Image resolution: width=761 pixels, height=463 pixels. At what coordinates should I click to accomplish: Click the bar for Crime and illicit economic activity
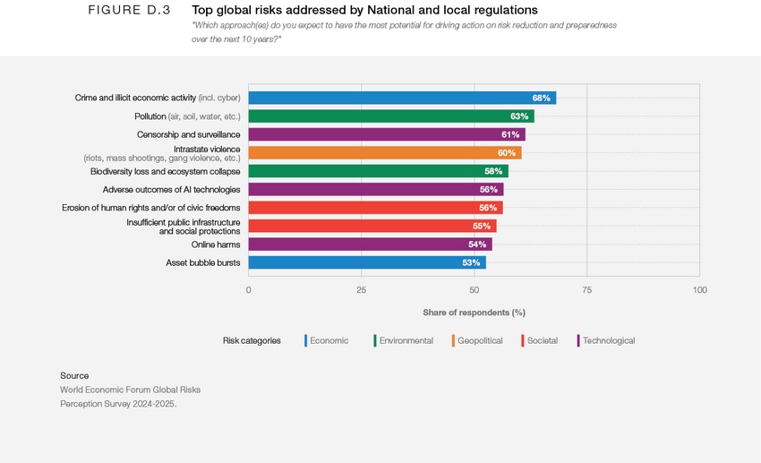tap(402, 98)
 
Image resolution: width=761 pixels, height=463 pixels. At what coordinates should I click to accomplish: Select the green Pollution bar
tap(391, 116)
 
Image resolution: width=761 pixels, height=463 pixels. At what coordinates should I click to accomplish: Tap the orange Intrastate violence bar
tap(384, 153)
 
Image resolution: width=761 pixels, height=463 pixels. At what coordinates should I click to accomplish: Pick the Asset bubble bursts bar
tap(367, 262)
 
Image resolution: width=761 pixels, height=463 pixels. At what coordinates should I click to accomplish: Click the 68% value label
tap(541, 98)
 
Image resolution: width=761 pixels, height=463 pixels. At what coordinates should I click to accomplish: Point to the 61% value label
tap(510, 134)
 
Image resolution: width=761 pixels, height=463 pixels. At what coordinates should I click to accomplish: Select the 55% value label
tap(482, 227)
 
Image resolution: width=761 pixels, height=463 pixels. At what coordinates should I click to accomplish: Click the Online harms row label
tap(215, 244)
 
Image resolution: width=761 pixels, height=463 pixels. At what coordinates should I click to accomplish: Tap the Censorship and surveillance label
tap(188, 134)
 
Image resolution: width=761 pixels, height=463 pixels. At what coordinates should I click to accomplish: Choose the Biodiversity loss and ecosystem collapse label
tap(165, 171)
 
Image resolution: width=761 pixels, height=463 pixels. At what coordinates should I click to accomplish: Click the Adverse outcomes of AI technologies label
tap(171, 190)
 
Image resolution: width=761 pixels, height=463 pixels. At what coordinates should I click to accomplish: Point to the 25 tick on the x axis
tap(361, 290)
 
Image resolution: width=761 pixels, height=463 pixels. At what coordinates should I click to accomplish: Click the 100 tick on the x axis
tap(699, 290)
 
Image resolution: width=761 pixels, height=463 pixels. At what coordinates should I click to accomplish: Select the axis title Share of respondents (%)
tap(474, 313)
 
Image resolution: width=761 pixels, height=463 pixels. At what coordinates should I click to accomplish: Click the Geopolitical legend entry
tap(479, 340)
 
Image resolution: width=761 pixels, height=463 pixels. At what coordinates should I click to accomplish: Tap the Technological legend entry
tap(608, 340)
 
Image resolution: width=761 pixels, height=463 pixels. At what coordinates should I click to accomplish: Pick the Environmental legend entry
tap(406, 340)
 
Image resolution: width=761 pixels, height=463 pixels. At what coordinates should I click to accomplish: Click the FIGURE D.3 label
tap(129, 10)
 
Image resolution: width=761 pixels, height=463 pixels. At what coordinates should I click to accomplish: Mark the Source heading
tap(74, 375)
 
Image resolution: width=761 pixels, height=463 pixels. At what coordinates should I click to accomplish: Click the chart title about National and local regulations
tap(364, 10)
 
